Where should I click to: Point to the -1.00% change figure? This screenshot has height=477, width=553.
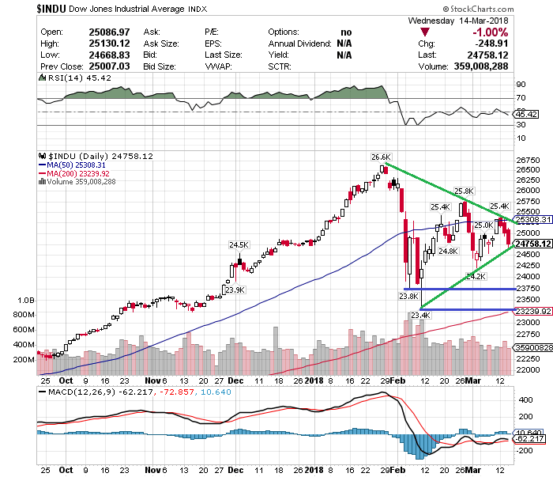pos(489,32)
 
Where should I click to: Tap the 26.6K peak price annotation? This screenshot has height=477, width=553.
pos(381,157)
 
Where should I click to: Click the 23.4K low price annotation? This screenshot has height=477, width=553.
pos(419,316)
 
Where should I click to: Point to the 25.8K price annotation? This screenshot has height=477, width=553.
pos(464,191)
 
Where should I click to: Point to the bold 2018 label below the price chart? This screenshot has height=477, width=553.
pos(315,380)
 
